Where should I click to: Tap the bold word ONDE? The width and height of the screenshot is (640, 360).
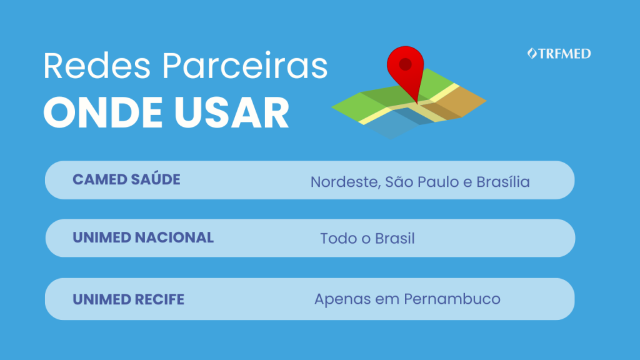(x=103, y=113)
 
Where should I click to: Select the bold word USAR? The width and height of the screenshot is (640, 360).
(x=232, y=113)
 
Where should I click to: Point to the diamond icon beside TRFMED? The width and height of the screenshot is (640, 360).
(x=532, y=54)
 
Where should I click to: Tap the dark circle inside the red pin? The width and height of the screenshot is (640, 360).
(x=405, y=64)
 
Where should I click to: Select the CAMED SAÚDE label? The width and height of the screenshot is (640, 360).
(x=126, y=179)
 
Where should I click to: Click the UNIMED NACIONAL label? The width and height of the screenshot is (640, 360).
(x=143, y=237)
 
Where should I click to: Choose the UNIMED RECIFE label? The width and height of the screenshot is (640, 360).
(x=129, y=299)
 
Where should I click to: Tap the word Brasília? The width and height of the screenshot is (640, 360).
(x=503, y=182)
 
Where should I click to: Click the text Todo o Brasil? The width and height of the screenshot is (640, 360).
(x=367, y=238)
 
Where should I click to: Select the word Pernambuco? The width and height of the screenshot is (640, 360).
(x=452, y=299)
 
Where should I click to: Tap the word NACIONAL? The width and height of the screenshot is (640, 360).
(x=174, y=237)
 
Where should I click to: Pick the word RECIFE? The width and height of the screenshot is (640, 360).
(x=159, y=299)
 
